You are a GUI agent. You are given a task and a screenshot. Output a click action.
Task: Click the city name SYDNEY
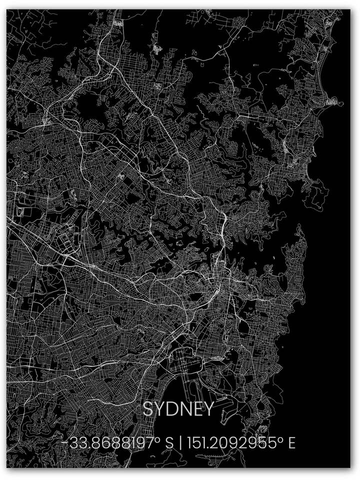[x=178, y=409]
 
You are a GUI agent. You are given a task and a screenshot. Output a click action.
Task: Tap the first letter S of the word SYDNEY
[x=148, y=409]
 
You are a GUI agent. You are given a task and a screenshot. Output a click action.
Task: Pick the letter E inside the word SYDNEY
[x=196, y=409]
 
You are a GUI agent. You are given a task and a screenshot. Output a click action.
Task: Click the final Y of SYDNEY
[x=207, y=409]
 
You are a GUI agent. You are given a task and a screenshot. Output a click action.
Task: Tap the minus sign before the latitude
[x=65, y=443]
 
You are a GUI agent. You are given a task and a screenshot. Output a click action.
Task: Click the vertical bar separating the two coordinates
[x=179, y=443]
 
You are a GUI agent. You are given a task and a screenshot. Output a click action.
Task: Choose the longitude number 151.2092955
[x=232, y=443]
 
